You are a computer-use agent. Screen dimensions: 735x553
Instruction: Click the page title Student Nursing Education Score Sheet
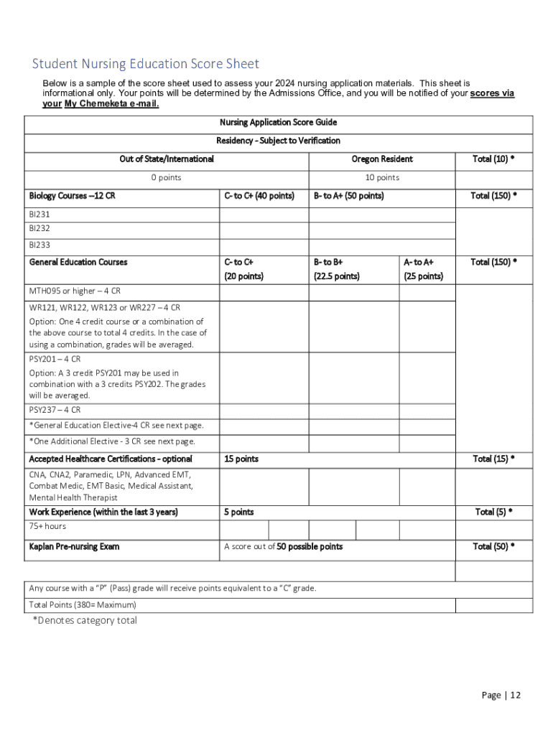tap(146, 64)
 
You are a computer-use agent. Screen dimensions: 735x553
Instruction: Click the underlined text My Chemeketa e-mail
tap(111, 103)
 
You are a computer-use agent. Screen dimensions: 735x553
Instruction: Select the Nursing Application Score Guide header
tap(278, 123)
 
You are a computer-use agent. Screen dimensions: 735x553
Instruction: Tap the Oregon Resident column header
tap(382, 159)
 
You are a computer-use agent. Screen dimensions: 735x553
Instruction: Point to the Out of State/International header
tap(167, 159)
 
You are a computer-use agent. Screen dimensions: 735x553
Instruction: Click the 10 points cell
tap(382, 177)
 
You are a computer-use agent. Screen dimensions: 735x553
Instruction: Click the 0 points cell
tap(167, 177)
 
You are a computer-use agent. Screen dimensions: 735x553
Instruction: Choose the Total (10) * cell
tap(493, 159)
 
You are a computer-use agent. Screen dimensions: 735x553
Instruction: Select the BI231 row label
tap(39, 214)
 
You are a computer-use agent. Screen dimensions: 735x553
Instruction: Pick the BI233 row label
tap(39, 245)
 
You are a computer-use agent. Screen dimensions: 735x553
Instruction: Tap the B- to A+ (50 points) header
tap(348, 196)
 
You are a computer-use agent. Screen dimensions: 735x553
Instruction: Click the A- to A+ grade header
tap(418, 262)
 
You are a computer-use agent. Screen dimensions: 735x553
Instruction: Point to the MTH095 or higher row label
tap(75, 291)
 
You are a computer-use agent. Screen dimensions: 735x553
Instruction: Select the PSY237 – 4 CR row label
tap(55, 410)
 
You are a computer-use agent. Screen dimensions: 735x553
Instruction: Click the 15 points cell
tap(241, 459)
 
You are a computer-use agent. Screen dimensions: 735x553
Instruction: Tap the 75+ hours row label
tap(47, 526)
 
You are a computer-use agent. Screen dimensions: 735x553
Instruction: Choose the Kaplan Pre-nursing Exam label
tap(74, 547)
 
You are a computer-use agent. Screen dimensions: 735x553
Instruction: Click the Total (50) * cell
tap(493, 547)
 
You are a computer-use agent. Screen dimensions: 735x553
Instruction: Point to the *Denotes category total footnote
tap(85, 621)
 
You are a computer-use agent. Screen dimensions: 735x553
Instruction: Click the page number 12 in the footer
tap(515, 695)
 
